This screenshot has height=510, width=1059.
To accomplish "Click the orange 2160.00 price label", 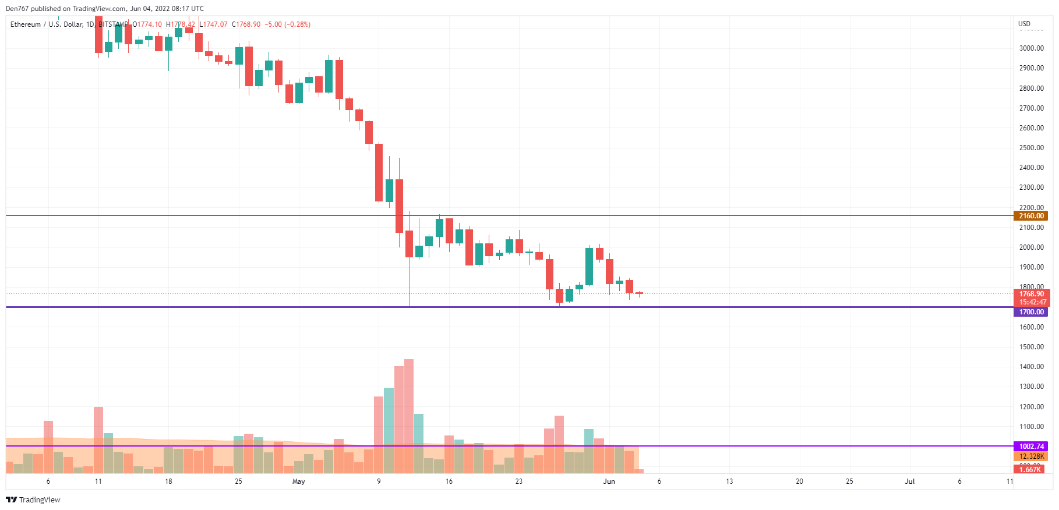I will tap(1031, 216).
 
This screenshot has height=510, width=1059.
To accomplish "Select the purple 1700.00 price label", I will tap(1031, 312).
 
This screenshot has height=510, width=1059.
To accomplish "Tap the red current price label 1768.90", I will tap(1031, 294).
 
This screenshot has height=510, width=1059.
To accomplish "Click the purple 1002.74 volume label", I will tap(1031, 447).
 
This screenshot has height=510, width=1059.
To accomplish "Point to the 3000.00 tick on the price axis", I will tap(1031, 48).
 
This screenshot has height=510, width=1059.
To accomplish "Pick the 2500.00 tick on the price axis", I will tap(1031, 148).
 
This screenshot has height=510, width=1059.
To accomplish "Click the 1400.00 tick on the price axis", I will tap(1031, 367).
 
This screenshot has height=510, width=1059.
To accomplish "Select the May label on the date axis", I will tap(299, 481).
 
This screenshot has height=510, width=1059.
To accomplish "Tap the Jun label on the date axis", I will tap(609, 481).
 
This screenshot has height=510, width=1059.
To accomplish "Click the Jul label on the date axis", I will tap(909, 481).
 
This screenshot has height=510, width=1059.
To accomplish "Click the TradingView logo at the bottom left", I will tap(33, 500).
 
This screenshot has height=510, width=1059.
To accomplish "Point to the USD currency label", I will tap(1024, 24).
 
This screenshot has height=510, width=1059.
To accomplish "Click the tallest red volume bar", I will tap(409, 416).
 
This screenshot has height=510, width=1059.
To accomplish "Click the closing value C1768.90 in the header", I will tap(246, 24).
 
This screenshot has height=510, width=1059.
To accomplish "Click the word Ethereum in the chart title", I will tap(26, 24).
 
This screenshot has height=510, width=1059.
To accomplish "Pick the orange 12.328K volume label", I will tap(1031, 456).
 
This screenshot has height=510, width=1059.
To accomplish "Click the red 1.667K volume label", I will tap(1030, 470).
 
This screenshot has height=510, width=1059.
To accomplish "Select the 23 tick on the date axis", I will tap(518, 481).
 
